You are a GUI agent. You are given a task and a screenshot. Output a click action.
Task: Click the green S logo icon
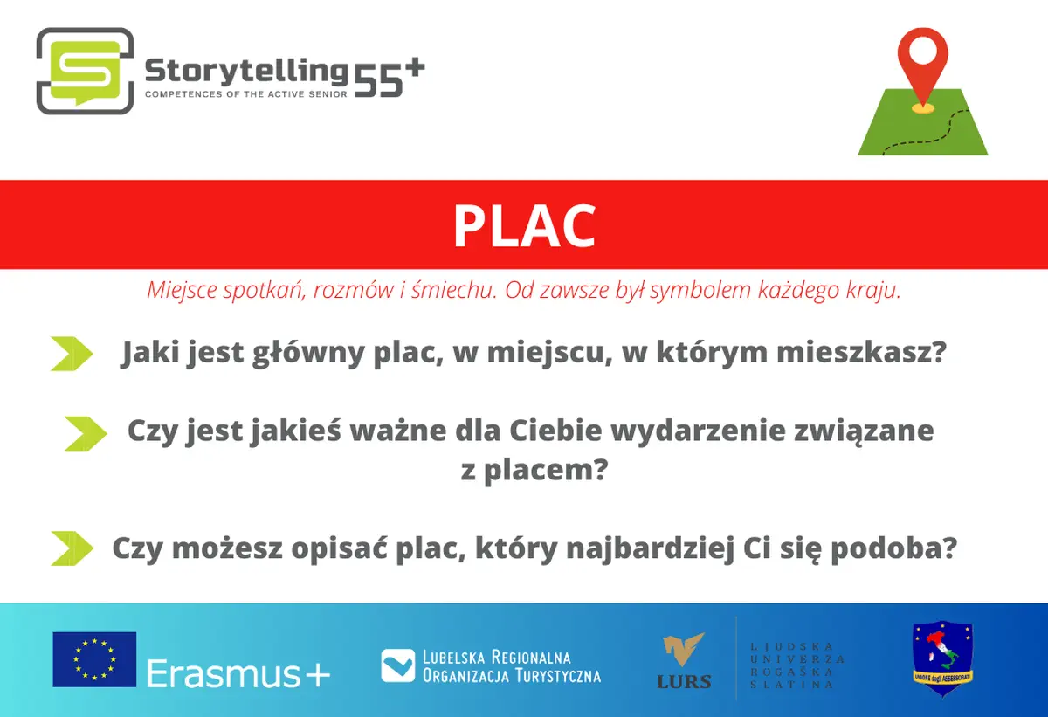pyautogui.click(x=86, y=71)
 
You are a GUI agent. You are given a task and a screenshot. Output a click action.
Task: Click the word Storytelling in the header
pyautogui.click(x=246, y=72)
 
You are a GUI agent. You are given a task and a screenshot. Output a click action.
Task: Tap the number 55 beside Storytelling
pyautogui.click(x=378, y=80)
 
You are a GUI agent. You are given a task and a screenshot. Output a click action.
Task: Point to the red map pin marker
pyautogui.click(x=922, y=70)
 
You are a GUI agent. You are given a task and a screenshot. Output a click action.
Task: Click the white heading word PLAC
pyautogui.click(x=525, y=226)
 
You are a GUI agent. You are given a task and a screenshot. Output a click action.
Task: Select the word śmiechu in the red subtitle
pyautogui.click(x=454, y=290)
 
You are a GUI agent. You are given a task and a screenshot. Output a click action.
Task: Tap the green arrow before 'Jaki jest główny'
pyautogui.click(x=72, y=354)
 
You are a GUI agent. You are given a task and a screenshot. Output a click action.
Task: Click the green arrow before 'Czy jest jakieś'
pyautogui.click(x=86, y=433)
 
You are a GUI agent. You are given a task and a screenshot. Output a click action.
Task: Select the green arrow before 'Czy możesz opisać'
pyautogui.click(x=72, y=548)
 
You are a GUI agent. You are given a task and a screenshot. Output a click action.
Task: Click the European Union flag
pyautogui.click(x=94, y=659)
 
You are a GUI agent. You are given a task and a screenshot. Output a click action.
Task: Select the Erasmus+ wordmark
pyautogui.click(x=238, y=673)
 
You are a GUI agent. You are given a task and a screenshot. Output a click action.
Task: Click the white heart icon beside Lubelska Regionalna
pyautogui.click(x=397, y=665)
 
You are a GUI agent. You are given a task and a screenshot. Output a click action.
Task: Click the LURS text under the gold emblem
pyautogui.click(x=684, y=682)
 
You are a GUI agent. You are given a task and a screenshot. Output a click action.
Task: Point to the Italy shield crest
pyautogui.click(x=942, y=658)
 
